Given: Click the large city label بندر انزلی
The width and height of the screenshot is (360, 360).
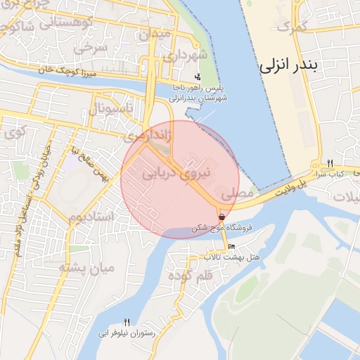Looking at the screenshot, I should coord(288,65).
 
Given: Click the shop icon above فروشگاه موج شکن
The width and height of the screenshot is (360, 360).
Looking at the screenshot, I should coord(221,217).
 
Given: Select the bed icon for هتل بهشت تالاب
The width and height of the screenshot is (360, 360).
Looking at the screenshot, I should coord(232,247).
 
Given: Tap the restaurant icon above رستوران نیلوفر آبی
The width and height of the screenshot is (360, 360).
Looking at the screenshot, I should coord(127,321).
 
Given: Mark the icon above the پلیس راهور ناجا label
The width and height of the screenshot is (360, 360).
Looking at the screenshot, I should coord(198,77).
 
